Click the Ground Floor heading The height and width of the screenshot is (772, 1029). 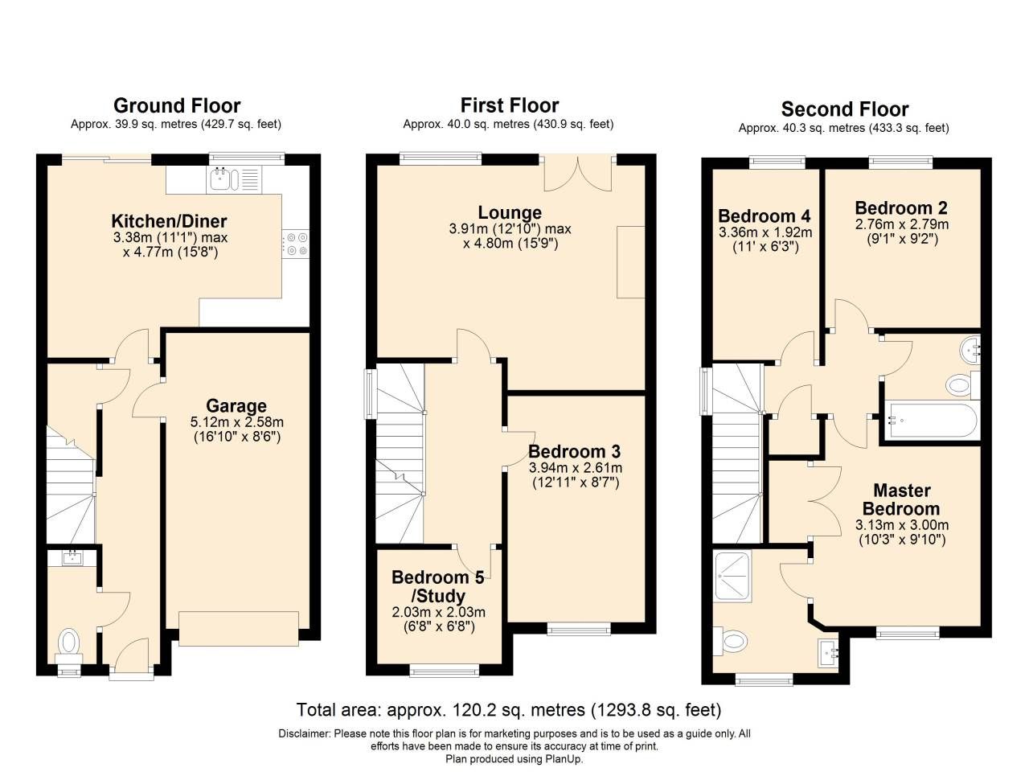[177, 105]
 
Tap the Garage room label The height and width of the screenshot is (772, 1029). [236, 406]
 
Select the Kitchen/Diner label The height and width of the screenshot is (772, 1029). [169, 221]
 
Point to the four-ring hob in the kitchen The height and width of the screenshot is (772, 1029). [296, 244]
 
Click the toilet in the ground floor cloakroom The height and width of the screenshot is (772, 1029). [69, 642]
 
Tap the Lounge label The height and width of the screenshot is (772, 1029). [510, 213]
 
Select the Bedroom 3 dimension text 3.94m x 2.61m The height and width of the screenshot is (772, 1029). [575, 468]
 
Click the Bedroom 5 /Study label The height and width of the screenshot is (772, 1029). [438, 586]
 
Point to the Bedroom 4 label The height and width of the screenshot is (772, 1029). [764, 216]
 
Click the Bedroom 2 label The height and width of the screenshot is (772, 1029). [901, 208]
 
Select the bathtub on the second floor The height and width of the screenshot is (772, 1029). [931, 420]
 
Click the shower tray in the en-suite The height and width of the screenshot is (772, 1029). [732, 576]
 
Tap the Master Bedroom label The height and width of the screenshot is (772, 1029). [901, 499]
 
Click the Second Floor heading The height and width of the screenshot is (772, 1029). [844, 109]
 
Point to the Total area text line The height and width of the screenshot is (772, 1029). [508, 710]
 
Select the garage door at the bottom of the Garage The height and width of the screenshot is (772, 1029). [239, 628]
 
